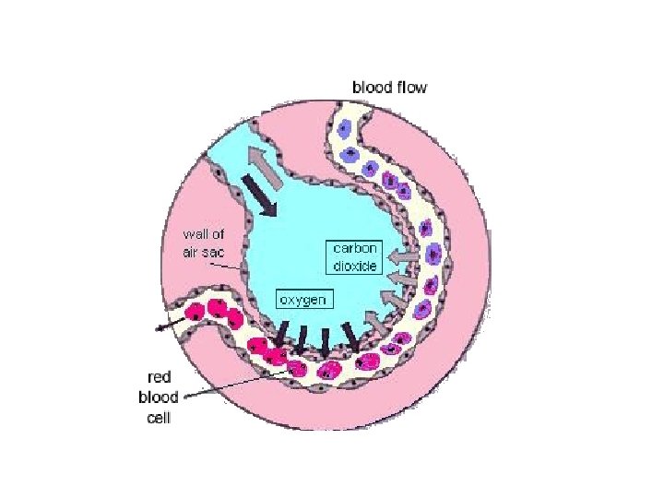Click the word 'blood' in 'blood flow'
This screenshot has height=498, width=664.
[x=373, y=88]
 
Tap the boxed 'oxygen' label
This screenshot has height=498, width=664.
[x=303, y=299]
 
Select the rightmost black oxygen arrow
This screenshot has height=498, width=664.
[x=353, y=334]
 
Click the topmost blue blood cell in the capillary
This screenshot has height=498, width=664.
[x=346, y=131]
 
